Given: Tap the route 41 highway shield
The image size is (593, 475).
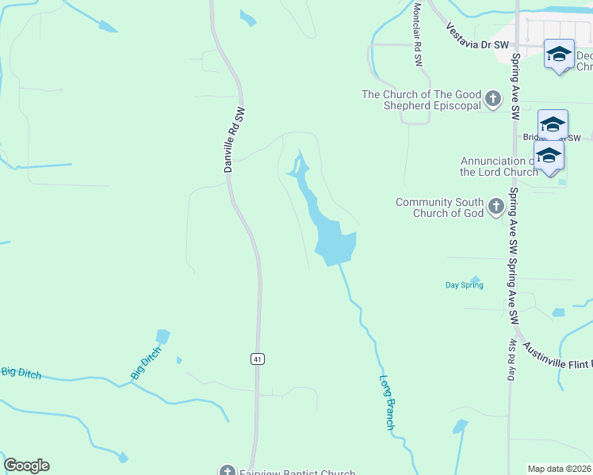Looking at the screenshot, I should (x=257, y=359).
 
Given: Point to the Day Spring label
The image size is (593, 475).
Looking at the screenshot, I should (x=464, y=285).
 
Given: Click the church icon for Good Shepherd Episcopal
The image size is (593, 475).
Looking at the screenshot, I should (x=493, y=99).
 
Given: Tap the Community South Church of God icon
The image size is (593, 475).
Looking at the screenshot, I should (x=496, y=207).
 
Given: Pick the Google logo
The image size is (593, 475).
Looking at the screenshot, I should (x=26, y=465).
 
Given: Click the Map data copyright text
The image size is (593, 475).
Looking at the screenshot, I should (x=559, y=469).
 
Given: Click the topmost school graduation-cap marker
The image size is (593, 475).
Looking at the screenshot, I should (x=559, y=54).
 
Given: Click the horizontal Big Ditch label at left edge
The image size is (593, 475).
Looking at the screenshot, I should (x=21, y=372).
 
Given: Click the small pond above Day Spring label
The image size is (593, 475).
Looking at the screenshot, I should (x=475, y=279).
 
